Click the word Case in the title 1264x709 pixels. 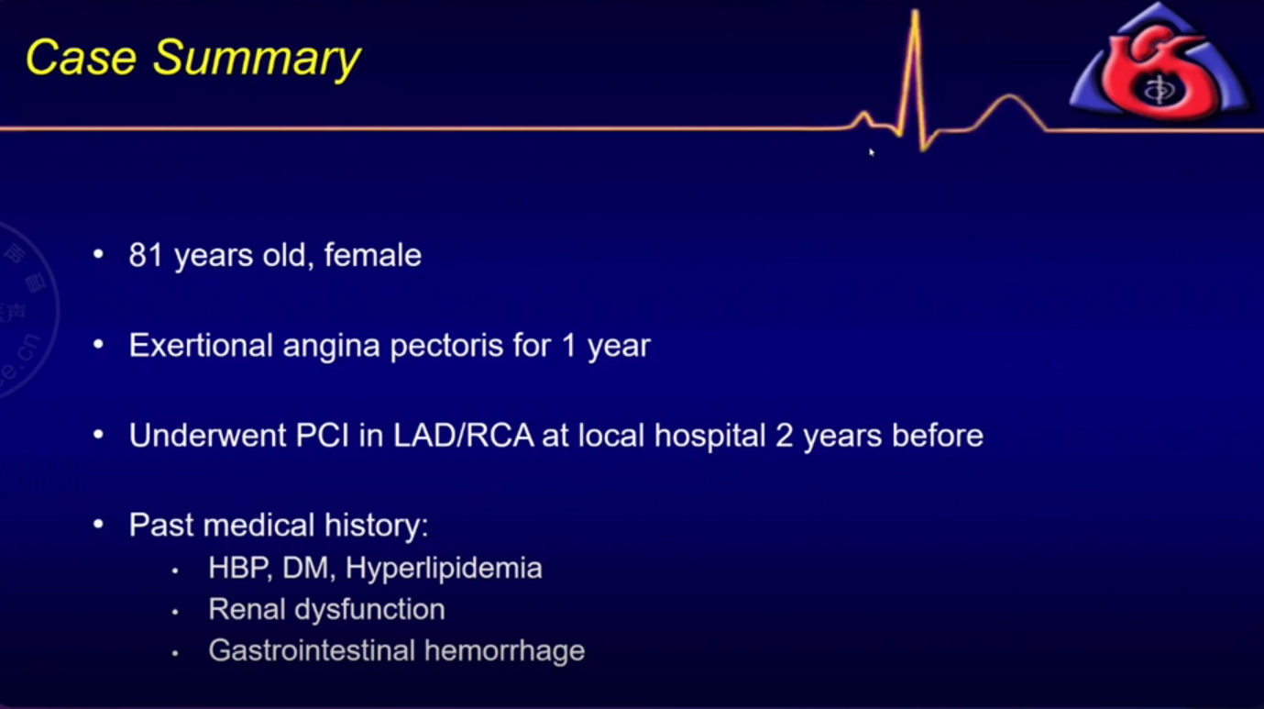coord(82,58)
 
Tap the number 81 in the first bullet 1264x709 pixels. coord(146,255)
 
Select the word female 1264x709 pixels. coord(372,255)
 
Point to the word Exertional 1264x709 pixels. coord(201,345)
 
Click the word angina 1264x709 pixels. coord(331,348)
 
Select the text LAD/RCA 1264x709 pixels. coord(463,436)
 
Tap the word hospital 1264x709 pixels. coord(709,437)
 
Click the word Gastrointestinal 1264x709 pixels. coord(312,651)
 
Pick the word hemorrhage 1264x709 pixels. coord(504,652)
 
